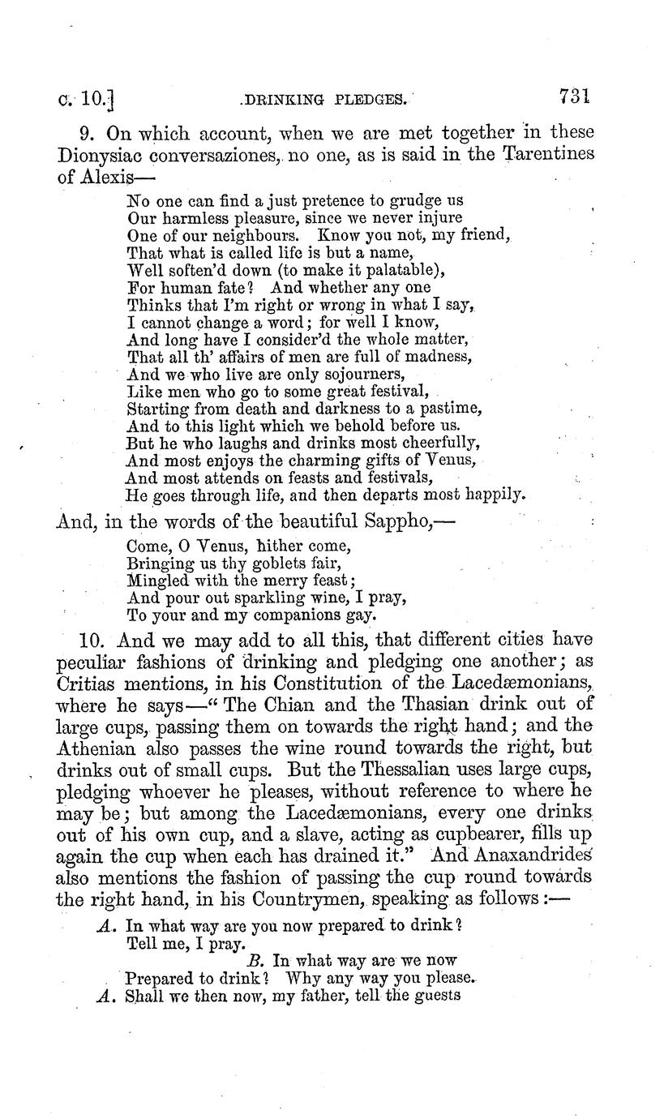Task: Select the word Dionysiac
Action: point(105,154)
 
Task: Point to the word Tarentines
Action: point(547,154)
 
